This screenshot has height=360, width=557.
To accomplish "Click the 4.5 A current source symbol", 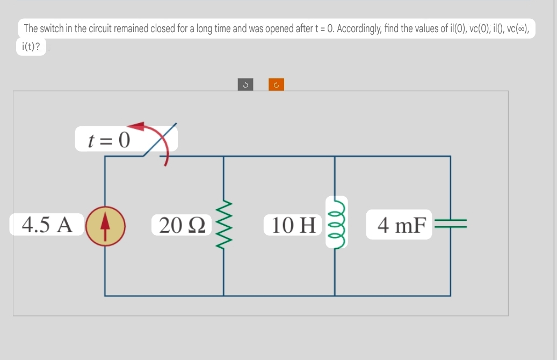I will tap(105, 225).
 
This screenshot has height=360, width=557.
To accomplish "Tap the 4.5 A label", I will tap(47, 225).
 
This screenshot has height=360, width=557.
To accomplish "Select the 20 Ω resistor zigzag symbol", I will tap(223, 225).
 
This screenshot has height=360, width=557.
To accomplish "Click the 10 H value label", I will tap(293, 225).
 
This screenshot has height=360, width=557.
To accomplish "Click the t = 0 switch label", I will tap(109, 140).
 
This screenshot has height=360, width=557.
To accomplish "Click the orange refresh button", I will tap(276, 84).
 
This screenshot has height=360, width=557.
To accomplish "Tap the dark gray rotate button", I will tap(245, 84).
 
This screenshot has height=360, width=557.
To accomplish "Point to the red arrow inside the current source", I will tap(105, 225).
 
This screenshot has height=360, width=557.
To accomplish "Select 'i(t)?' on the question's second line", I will tap(31, 47).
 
